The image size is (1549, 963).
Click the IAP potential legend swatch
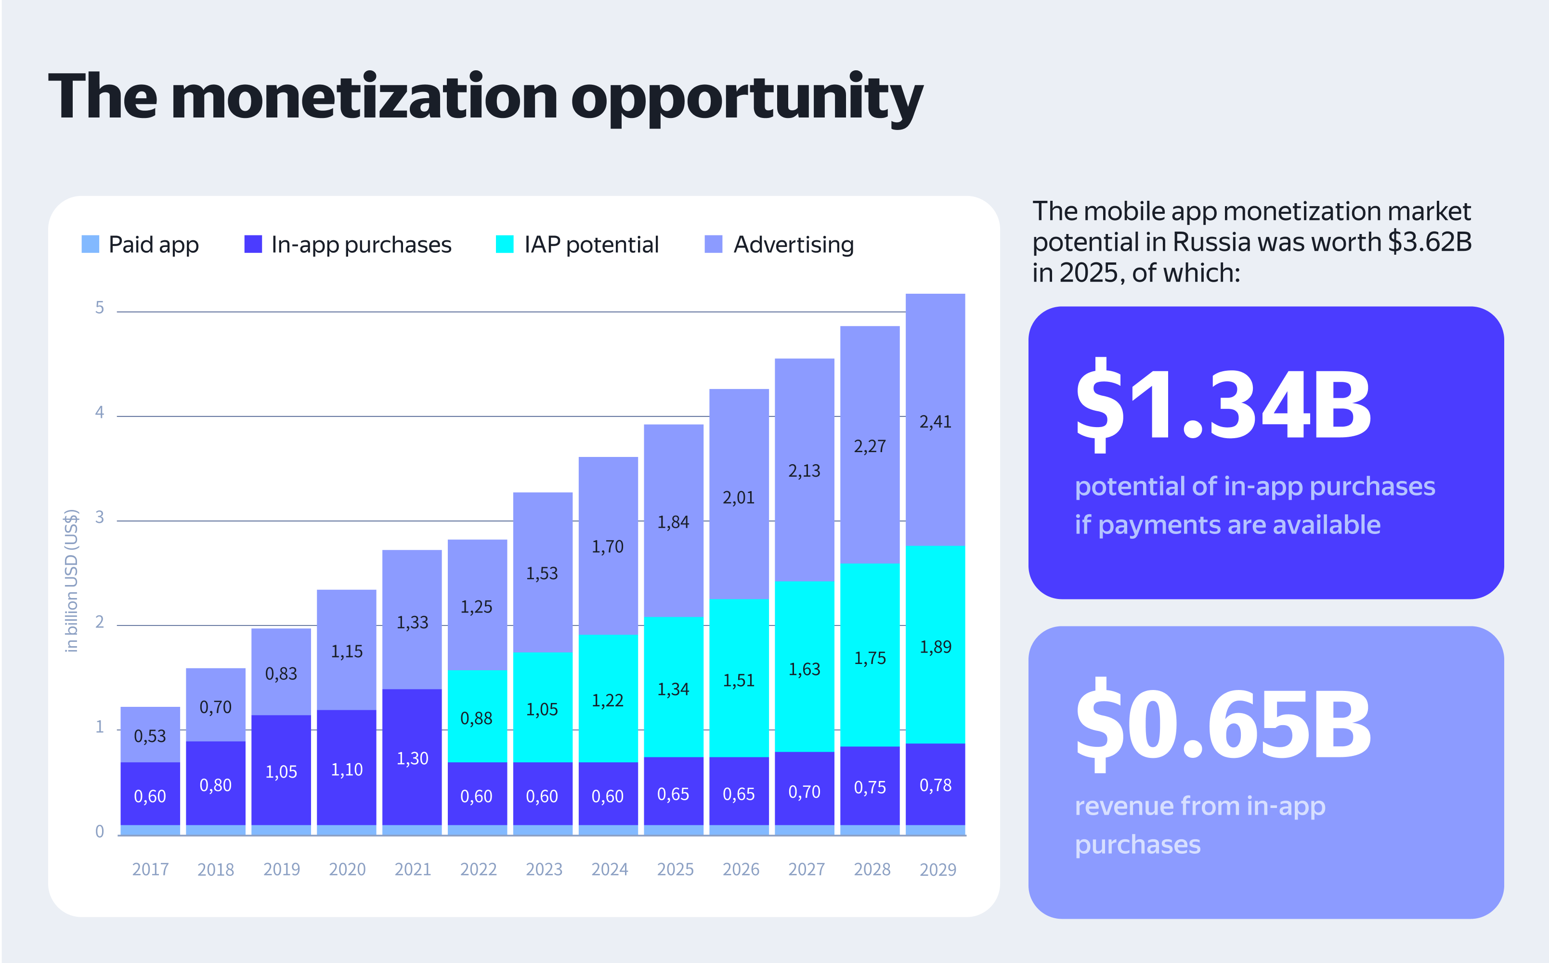pos(505,244)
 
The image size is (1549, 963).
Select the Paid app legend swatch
pos(91,244)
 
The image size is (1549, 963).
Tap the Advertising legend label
pos(793,245)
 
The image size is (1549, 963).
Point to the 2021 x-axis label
pos(413,870)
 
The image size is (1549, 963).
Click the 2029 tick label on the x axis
pos(937,870)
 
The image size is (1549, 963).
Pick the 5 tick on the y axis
pos(99,308)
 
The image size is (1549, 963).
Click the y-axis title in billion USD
pos(71,580)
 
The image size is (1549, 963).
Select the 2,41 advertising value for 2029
pos(935,422)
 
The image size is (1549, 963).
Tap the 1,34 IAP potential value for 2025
pos(673,689)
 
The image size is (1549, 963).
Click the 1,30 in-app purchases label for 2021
pos(412,758)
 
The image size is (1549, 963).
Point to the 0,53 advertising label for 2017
pos(150,736)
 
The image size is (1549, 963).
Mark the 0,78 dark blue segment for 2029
pos(935,785)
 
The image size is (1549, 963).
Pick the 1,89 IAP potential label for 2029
pos(935,647)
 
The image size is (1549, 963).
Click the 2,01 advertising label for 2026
pos(738,497)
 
